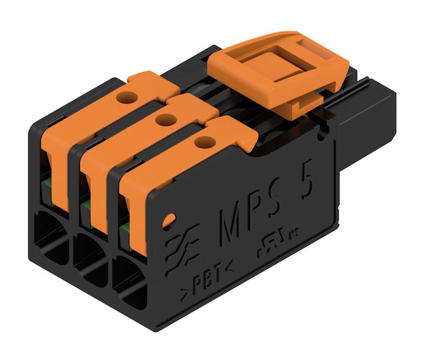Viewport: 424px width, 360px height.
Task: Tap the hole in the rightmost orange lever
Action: (203, 141)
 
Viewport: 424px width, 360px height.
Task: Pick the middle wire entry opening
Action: (88, 259)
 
